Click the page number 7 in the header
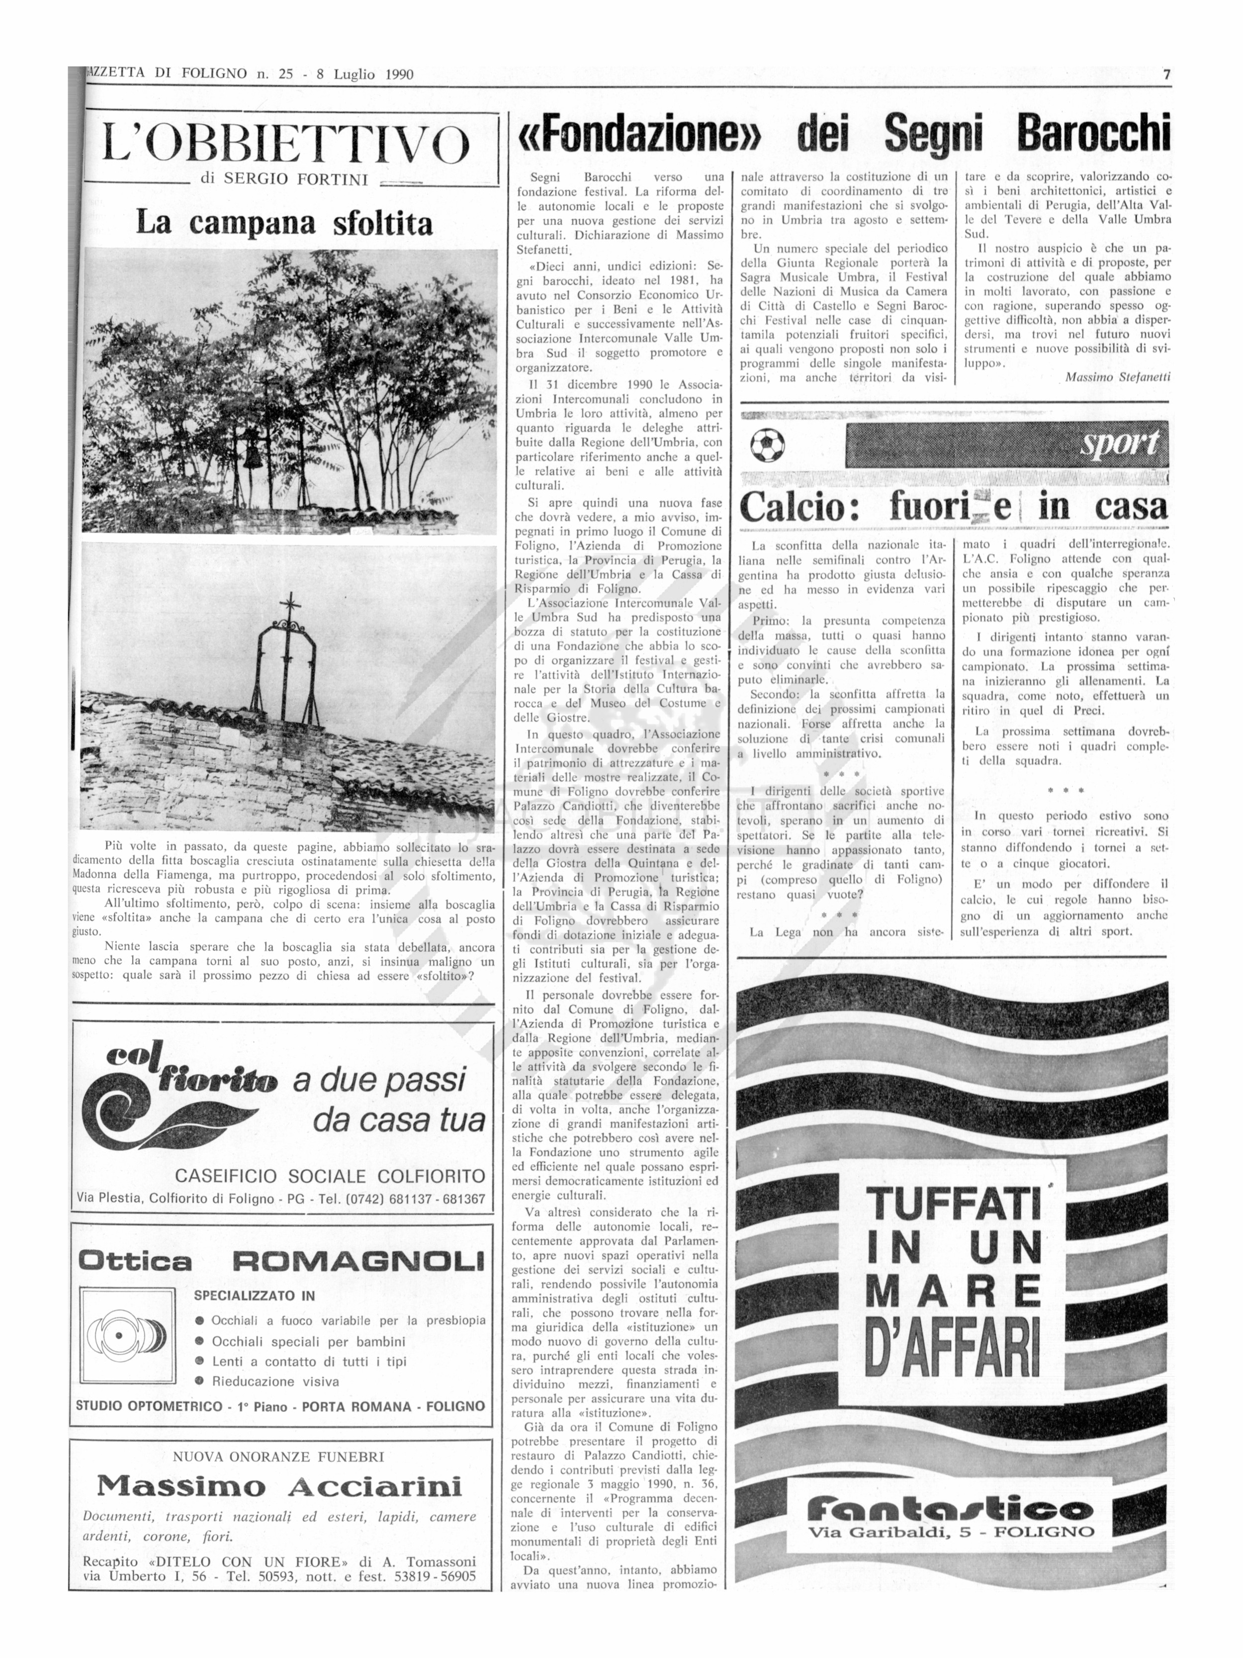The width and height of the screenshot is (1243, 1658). pyautogui.click(x=1166, y=74)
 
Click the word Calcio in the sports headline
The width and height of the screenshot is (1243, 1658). pyautogui.click(x=799, y=507)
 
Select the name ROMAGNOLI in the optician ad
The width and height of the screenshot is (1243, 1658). pyautogui.click(x=358, y=1262)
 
